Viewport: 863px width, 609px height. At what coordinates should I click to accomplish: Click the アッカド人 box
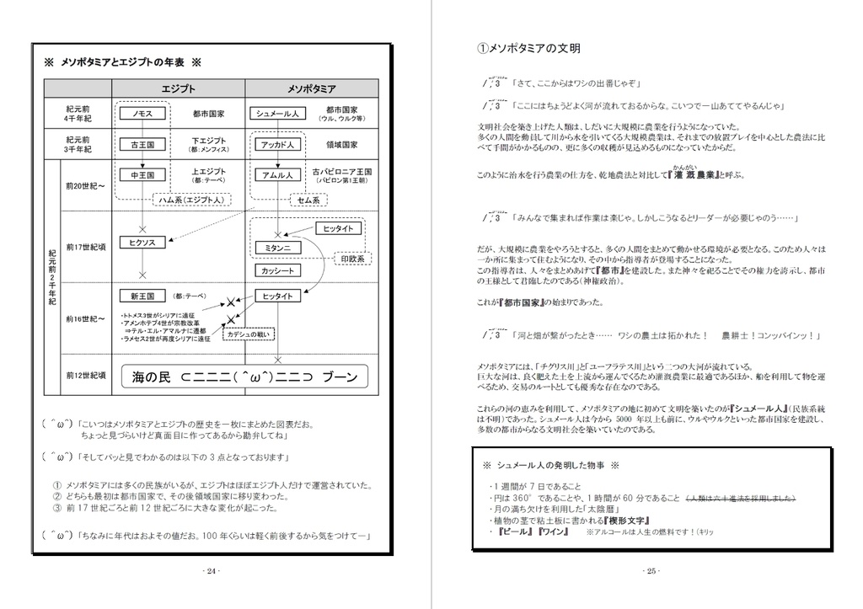pyautogui.click(x=276, y=145)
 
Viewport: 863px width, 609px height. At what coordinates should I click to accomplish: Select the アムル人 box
pyautogui.click(x=276, y=175)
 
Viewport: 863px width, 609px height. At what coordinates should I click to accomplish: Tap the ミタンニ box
pyautogui.click(x=276, y=248)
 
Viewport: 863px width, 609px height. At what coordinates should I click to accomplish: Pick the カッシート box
pyautogui.click(x=276, y=270)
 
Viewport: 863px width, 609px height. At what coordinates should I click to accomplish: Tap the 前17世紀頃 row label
pyautogui.click(x=85, y=247)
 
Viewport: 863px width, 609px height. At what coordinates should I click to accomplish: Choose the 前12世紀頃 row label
pyautogui.click(x=85, y=376)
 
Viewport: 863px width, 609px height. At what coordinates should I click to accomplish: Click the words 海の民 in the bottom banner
pyautogui.click(x=151, y=377)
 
